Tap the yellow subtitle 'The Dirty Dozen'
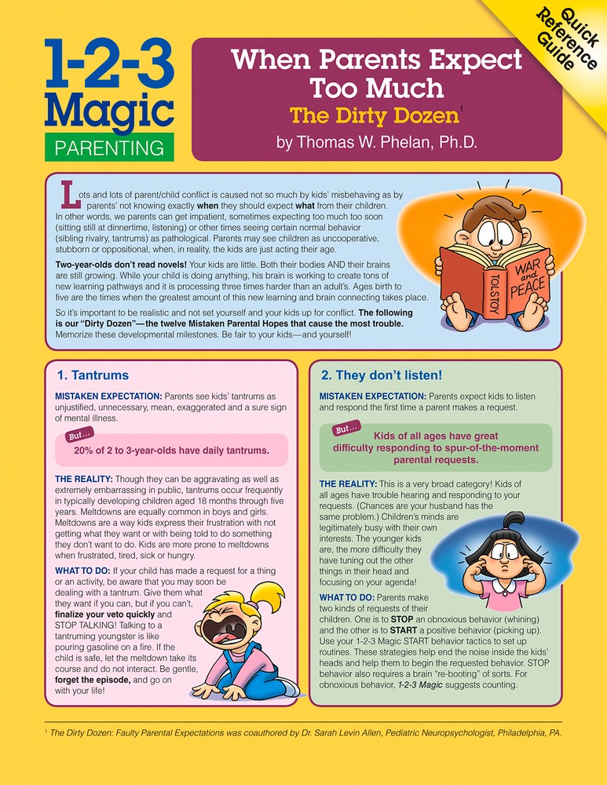[374, 116]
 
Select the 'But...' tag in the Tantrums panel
[75, 436]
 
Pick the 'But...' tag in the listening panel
[346, 429]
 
